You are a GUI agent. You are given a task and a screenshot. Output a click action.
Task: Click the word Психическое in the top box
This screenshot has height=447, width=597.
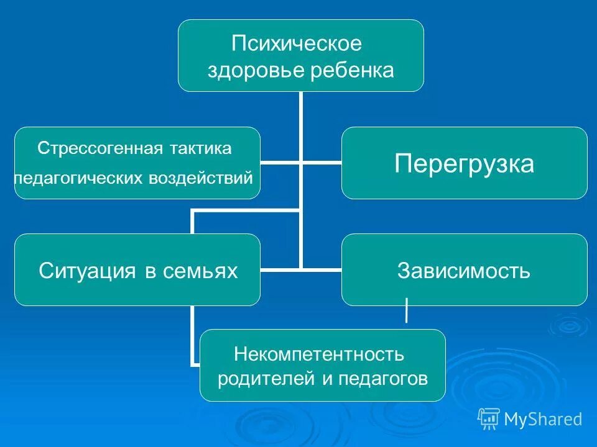click(x=296, y=45)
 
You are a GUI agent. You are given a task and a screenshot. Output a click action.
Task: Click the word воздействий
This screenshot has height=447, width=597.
click(x=201, y=179)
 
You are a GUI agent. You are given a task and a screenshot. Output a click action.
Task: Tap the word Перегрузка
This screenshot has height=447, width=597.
click(x=464, y=163)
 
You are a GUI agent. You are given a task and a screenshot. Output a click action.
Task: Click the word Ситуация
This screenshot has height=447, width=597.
click(x=87, y=271)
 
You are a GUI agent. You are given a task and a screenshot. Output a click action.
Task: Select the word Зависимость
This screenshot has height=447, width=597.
click(x=464, y=271)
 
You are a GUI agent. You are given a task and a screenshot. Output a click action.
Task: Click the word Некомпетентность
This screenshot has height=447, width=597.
click(x=319, y=354)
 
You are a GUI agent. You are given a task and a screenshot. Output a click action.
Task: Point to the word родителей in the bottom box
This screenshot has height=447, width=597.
click(x=267, y=379)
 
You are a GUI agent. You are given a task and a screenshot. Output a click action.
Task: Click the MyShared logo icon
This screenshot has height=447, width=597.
click(x=489, y=419)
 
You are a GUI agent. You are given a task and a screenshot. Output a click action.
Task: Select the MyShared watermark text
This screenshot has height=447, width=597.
click(x=543, y=420)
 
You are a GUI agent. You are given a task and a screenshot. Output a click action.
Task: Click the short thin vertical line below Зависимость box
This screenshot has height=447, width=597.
click(x=407, y=310)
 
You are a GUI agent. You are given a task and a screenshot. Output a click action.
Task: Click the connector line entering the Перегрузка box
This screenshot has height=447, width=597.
click(x=322, y=163)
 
